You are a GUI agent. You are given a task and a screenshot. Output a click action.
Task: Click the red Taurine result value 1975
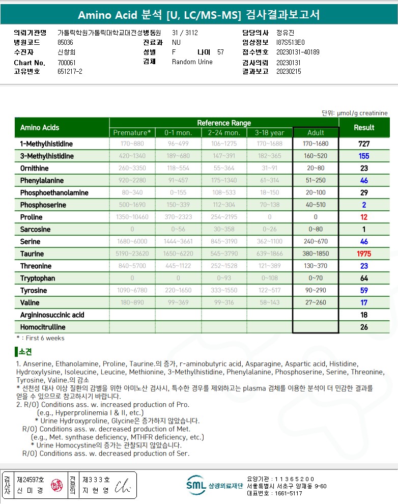tap(364, 254)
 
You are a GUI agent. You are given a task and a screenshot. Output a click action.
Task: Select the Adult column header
tap(316, 132)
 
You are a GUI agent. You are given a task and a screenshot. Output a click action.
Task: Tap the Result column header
tap(364, 127)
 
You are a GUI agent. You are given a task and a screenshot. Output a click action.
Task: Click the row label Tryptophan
tap(38, 278)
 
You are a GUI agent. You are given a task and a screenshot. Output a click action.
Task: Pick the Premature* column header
tap(132, 132)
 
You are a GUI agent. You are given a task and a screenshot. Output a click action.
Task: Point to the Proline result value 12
tap(364, 217)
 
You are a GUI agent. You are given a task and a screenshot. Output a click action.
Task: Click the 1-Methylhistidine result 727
tap(364, 144)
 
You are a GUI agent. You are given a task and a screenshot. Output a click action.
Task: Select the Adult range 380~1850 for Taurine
tap(316, 254)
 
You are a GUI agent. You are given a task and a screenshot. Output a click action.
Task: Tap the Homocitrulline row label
tap(43, 327)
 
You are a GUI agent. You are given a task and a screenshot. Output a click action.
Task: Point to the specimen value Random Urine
tap(192, 62)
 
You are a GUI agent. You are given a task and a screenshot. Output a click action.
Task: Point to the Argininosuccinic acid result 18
tap(364, 315)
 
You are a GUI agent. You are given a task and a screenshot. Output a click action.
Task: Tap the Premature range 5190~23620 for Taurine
tap(132, 254)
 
